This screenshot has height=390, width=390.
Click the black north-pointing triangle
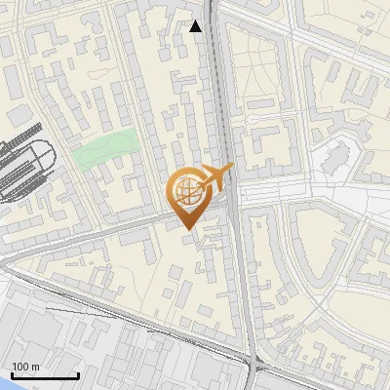[196, 26]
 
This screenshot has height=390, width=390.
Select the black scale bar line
[45, 375]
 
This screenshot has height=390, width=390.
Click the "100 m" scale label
[26, 367]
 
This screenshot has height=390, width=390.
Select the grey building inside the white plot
[337, 156]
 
